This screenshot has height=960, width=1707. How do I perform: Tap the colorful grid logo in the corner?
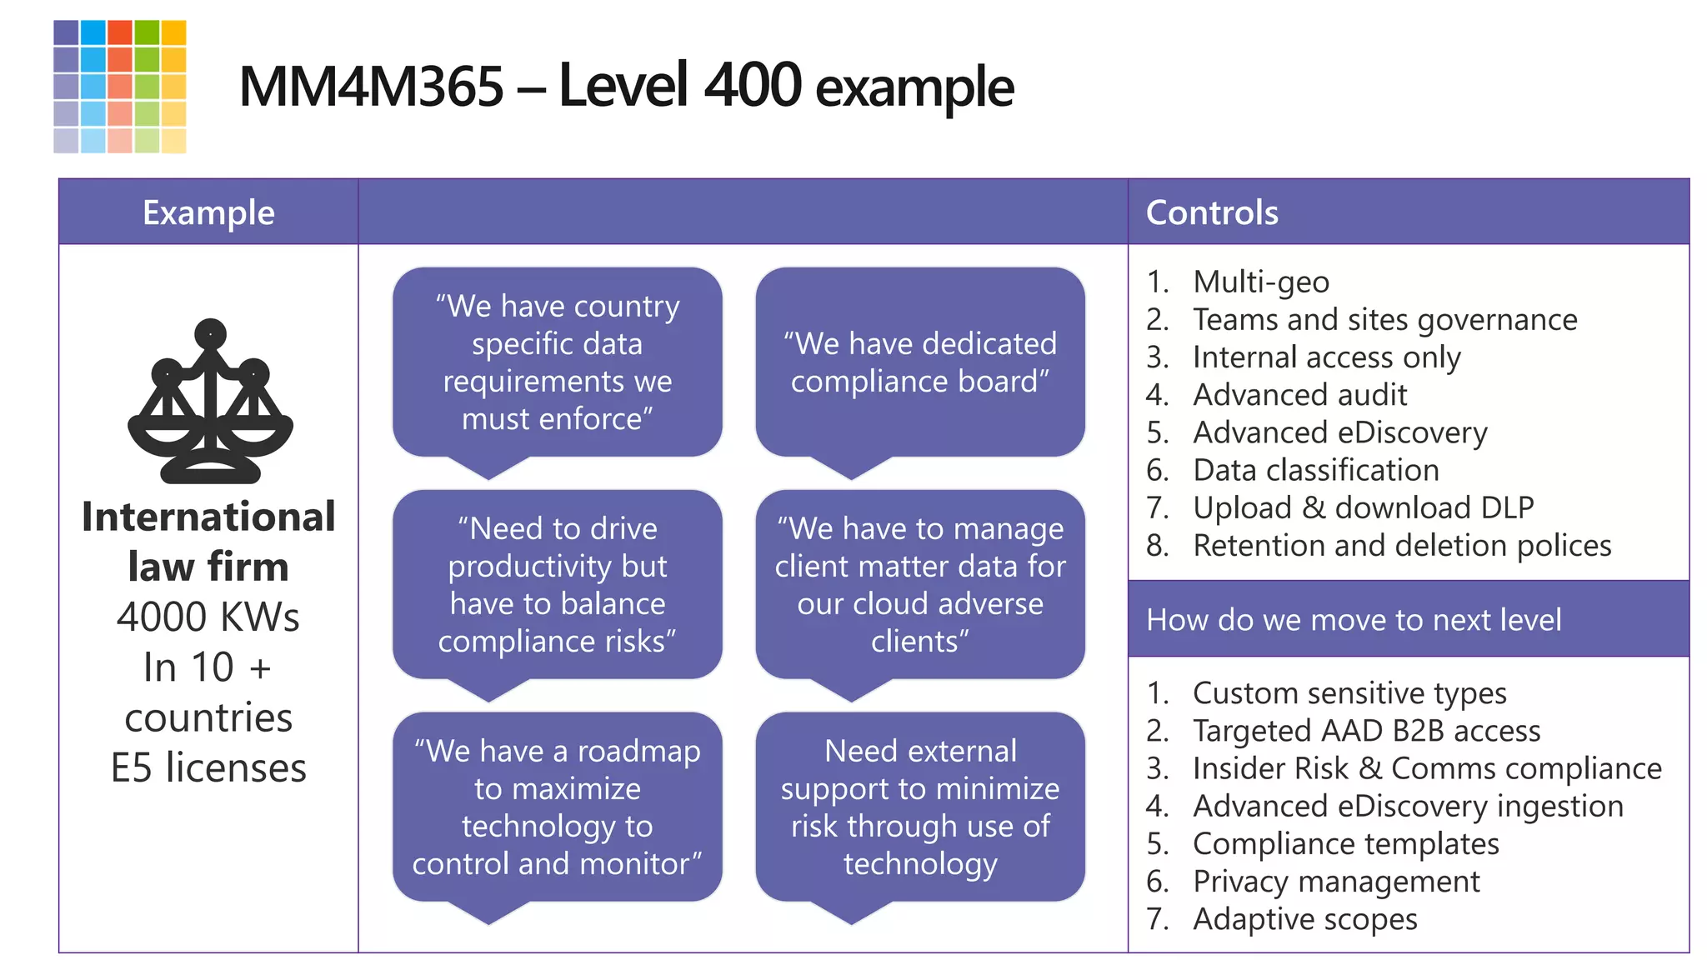(x=120, y=87)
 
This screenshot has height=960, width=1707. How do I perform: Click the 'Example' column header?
(x=208, y=212)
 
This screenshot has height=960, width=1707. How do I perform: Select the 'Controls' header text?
(x=1212, y=212)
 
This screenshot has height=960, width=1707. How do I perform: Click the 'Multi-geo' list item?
(x=1260, y=282)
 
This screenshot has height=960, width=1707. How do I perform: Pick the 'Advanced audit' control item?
(x=1299, y=395)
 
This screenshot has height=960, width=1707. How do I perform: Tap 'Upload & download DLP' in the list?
(x=1363, y=507)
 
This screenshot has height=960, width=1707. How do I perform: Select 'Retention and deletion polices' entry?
(x=1402, y=546)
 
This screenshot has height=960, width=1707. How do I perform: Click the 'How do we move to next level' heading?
(x=1354, y=620)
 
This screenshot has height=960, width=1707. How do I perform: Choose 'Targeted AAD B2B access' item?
(x=1366, y=731)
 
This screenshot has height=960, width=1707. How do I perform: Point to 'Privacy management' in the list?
(x=1336, y=882)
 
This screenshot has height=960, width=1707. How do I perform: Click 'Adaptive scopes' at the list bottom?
(x=1304, y=919)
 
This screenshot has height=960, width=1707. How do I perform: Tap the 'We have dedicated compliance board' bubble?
(x=919, y=362)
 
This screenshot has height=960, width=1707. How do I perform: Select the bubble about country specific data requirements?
(x=557, y=362)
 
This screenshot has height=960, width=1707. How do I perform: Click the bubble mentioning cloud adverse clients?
(x=919, y=585)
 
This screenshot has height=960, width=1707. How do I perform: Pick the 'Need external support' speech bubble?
(x=919, y=807)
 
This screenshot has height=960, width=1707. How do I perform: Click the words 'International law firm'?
(x=208, y=542)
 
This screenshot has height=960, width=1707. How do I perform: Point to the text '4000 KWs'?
(x=208, y=617)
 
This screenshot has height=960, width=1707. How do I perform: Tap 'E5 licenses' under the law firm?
(x=208, y=767)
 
